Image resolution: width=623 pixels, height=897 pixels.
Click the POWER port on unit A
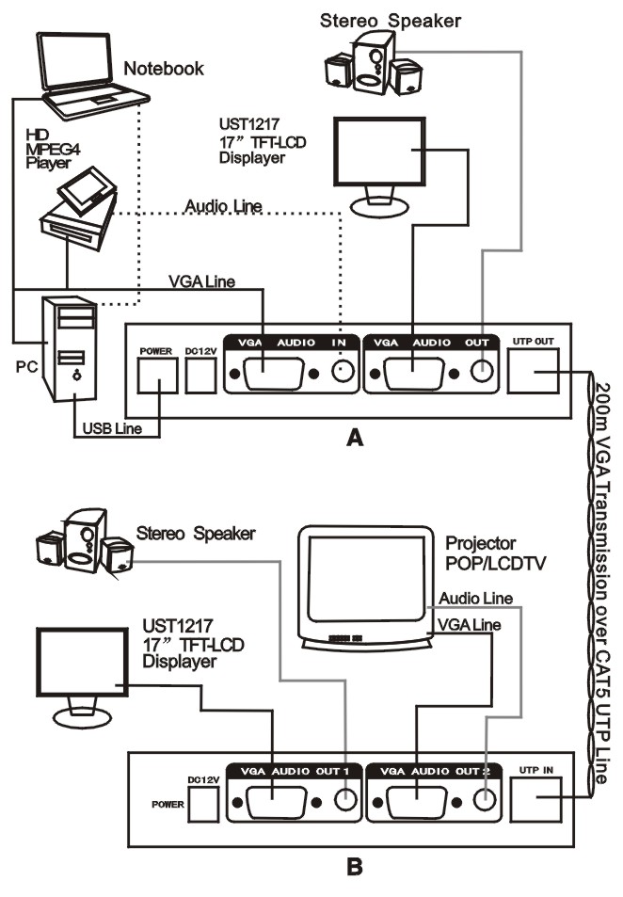pos(156,376)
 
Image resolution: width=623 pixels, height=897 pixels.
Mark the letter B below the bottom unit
pos(354,866)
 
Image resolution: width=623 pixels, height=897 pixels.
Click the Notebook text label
pos(164,68)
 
